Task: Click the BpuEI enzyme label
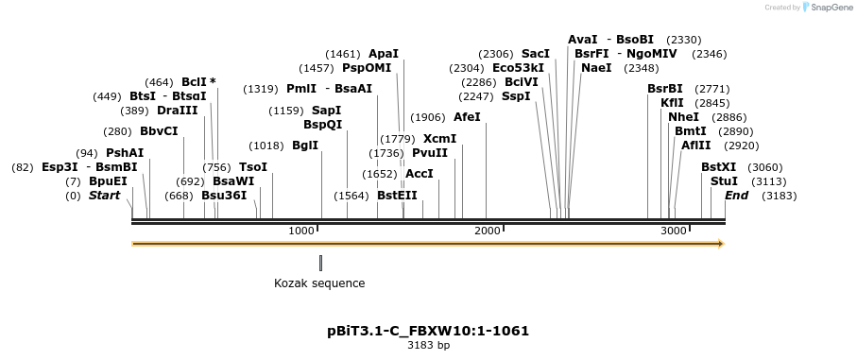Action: pyautogui.click(x=108, y=180)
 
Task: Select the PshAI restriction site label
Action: pyautogui.click(x=125, y=152)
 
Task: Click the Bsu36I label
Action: pyautogui.click(x=224, y=196)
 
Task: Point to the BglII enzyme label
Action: pyautogui.click(x=305, y=146)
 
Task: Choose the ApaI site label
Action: pyautogui.click(x=384, y=54)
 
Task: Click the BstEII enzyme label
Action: pyautogui.click(x=397, y=196)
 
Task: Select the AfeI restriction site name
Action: pyautogui.click(x=467, y=117)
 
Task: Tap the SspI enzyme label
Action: pyautogui.click(x=516, y=96)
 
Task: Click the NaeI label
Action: pyautogui.click(x=596, y=68)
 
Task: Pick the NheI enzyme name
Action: pyautogui.click(x=683, y=117)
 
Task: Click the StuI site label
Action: pyautogui.click(x=724, y=180)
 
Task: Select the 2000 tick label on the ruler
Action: pyautogui.click(x=487, y=231)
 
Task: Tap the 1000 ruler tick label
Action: pyautogui.click(x=301, y=231)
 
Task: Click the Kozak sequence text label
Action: pyautogui.click(x=319, y=283)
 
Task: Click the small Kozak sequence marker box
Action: pyautogui.click(x=320, y=263)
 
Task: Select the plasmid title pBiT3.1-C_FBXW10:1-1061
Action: pyautogui.click(x=428, y=331)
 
